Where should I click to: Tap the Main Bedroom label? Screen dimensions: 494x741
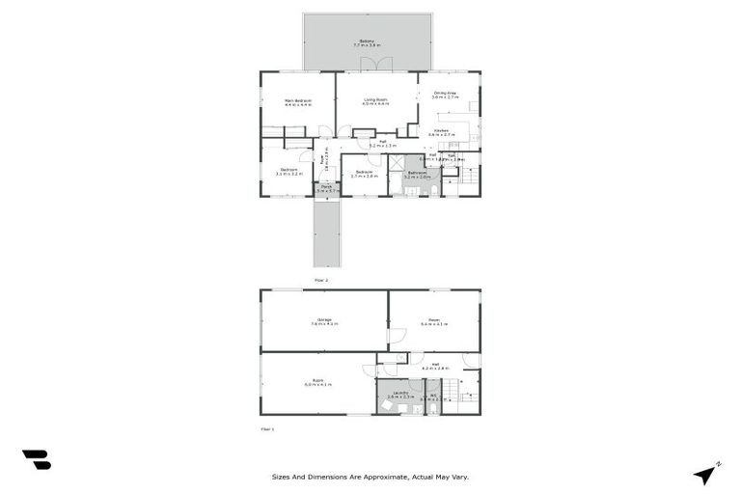(x=297, y=100)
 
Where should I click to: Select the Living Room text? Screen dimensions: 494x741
(x=375, y=99)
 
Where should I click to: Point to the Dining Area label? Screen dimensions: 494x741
(x=444, y=94)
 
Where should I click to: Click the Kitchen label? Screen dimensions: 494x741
(x=441, y=129)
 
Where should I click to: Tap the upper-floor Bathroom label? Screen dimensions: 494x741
(x=417, y=173)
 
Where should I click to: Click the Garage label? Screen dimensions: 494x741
(x=324, y=319)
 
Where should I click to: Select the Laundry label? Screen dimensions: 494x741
(x=393, y=392)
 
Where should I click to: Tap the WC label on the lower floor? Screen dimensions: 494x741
(x=434, y=394)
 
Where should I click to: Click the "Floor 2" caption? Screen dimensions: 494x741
(x=321, y=280)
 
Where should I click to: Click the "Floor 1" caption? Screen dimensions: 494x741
(x=267, y=427)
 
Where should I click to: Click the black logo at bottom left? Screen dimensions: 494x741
(x=36, y=460)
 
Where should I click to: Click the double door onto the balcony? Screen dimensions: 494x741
(x=375, y=64)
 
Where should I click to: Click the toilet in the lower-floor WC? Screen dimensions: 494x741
(x=433, y=408)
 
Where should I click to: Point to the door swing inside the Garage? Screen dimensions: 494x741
(x=398, y=337)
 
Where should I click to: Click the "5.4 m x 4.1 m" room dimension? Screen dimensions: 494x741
(x=434, y=324)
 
